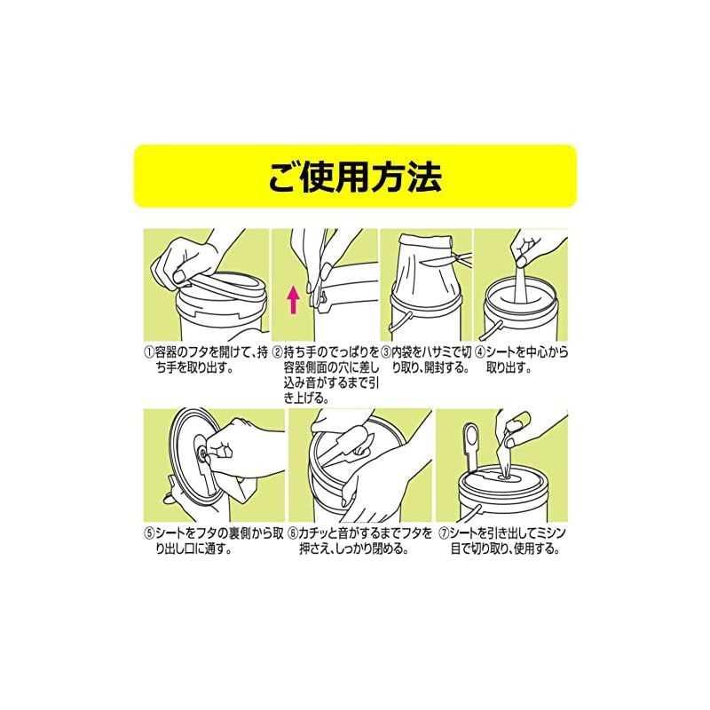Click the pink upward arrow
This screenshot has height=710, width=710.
click(294, 299)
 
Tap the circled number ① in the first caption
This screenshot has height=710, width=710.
click(149, 352)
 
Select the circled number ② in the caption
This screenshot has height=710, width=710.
click(277, 352)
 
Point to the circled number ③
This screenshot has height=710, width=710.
click(386, 352)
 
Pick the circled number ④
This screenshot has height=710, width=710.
click(480, 352)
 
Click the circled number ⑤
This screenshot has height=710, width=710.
click(149, 533)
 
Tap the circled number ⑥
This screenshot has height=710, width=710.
click(294, 533)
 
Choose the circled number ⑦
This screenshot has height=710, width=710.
click(443, 533)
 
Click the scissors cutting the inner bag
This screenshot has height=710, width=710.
click(446, 259)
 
